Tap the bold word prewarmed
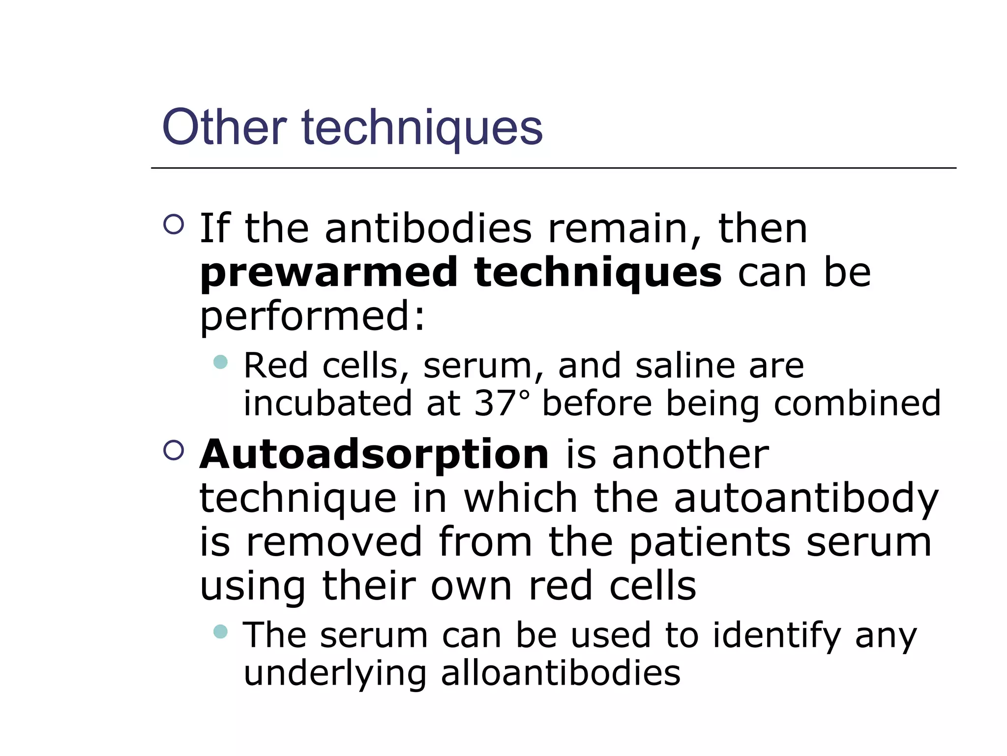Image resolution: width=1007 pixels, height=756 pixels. point(329,274)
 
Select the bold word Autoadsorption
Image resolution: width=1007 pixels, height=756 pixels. point(374,455)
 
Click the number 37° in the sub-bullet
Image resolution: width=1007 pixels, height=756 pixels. point(502,403)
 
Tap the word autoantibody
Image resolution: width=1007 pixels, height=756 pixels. point(806,499)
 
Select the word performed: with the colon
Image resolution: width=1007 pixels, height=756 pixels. point(312,317)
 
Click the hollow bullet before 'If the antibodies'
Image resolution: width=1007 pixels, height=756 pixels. point(174,224)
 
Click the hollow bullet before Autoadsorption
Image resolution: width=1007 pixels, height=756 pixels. point(174,450)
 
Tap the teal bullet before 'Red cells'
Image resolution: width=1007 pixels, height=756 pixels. point(221,362)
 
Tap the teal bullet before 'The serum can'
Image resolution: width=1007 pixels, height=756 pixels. point(221,631)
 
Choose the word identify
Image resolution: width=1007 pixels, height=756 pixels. point(777,635)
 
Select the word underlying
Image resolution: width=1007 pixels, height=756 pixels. point(335,674)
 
